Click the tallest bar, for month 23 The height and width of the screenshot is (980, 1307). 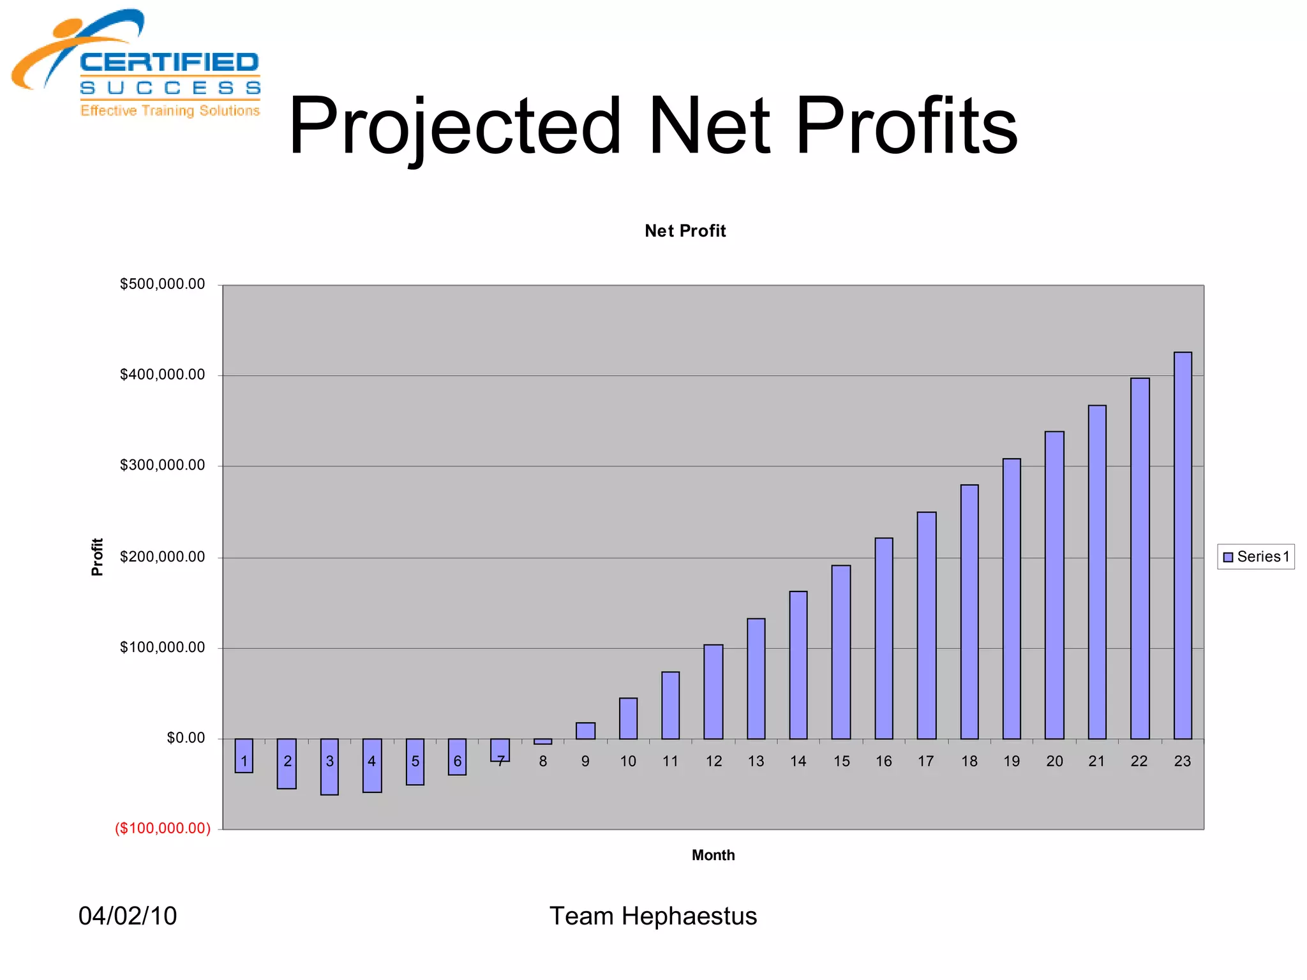(1183, 546)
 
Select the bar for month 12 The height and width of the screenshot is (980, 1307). (713, 692)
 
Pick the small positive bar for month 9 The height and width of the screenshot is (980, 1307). (585, 731)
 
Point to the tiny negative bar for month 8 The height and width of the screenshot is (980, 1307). (543, 741)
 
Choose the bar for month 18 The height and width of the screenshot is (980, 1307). (969, 612)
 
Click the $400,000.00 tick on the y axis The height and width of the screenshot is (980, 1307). (163, 375)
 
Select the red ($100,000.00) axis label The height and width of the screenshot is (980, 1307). (163, 828)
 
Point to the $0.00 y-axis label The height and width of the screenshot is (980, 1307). (186, 738)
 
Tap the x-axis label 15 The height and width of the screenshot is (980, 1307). (842, 761)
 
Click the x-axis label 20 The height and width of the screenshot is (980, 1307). (1054, 761)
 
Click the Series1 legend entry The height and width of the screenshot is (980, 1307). (1256, 557)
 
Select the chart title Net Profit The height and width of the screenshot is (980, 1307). (685, 231)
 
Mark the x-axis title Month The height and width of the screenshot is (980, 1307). (713, 855)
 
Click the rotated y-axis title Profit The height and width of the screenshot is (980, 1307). (97, 557)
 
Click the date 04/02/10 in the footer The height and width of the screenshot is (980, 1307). (128, 916)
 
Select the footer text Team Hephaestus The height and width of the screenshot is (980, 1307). (653, 916)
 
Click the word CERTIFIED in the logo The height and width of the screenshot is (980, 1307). (169, 63)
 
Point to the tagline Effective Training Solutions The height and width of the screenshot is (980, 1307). (170, 110)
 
